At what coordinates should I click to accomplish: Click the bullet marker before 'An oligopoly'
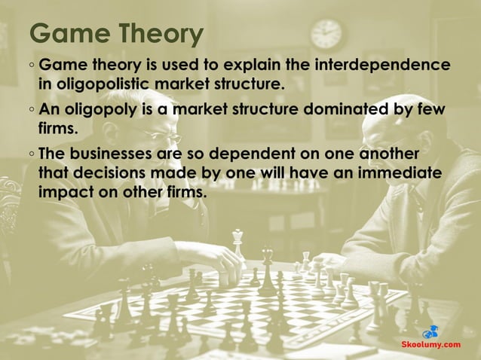(x=31, y=111)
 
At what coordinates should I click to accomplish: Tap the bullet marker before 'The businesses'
(x=31, y=155)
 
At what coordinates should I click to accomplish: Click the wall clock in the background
(x=326, y=33)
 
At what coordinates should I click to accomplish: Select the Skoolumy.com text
(x=429, y=344)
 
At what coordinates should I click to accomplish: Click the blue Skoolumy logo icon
(x=430, y=331)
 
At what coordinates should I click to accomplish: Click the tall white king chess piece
(x=238, y=245)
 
